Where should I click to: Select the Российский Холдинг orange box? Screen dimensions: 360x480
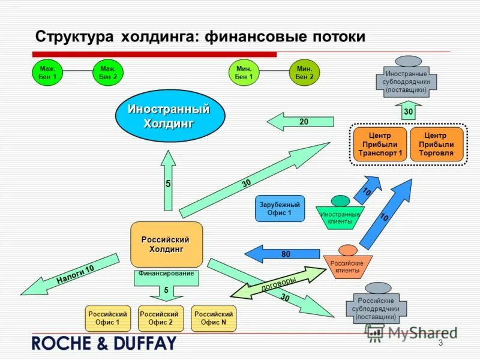(166, 245)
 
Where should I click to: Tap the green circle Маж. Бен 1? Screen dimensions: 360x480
(47, 73)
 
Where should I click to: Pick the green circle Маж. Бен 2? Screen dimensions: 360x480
(109, 73)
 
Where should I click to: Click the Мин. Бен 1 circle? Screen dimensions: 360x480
(243, 73)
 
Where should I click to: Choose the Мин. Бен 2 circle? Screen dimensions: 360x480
(304, 73)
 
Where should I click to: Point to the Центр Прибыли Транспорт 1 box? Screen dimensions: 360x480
(380, 145)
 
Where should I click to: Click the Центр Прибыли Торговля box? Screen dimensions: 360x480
(437, 145)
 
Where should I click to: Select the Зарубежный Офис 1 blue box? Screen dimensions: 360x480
(280, 209)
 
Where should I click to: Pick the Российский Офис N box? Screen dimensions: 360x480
(214, 318)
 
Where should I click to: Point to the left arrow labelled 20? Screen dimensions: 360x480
(300, 122)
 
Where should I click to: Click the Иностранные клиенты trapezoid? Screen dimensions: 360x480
(340, 217)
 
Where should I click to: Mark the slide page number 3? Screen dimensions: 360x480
(440, 343)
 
